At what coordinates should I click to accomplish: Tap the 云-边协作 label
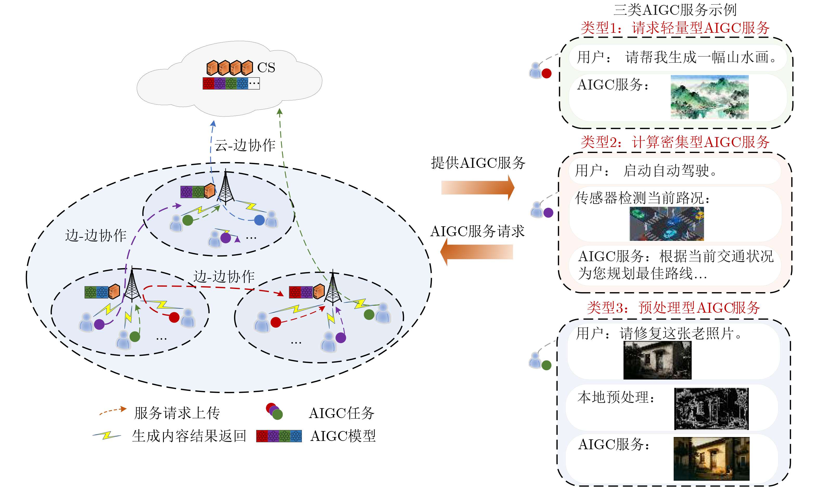245,145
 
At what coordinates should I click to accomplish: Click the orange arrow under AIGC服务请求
477,252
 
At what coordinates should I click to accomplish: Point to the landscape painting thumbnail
709,97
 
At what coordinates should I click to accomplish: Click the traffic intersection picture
666,224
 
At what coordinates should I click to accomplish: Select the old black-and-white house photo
657,360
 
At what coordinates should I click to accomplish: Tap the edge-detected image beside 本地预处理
711,409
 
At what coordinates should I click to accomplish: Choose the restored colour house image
711,459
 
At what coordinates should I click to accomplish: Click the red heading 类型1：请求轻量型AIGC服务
675,28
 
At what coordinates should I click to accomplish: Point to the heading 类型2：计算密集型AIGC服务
675,142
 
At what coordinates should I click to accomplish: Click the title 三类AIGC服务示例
675,10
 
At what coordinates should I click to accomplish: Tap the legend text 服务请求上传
177,413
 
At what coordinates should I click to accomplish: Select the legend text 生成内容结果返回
189,436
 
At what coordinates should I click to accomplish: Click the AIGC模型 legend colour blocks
279,436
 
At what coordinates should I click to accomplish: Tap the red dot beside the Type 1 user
547,73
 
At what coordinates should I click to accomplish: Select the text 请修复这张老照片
680,333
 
